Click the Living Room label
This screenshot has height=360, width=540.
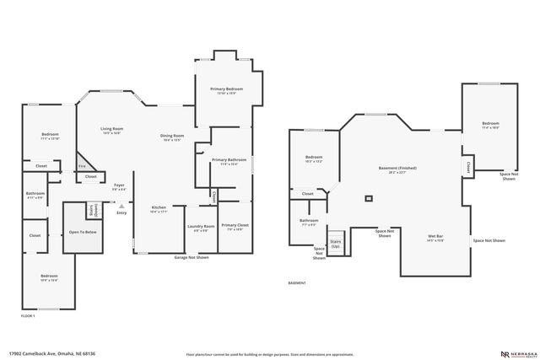111,129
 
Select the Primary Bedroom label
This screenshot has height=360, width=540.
226,89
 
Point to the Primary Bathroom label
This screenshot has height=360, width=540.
229,159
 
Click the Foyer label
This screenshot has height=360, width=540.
119,185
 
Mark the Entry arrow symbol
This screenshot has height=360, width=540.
121,205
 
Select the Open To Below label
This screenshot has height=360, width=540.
83,232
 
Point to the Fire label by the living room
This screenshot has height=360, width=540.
82,166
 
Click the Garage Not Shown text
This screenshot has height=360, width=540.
191,257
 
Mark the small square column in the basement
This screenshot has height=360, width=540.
368,199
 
